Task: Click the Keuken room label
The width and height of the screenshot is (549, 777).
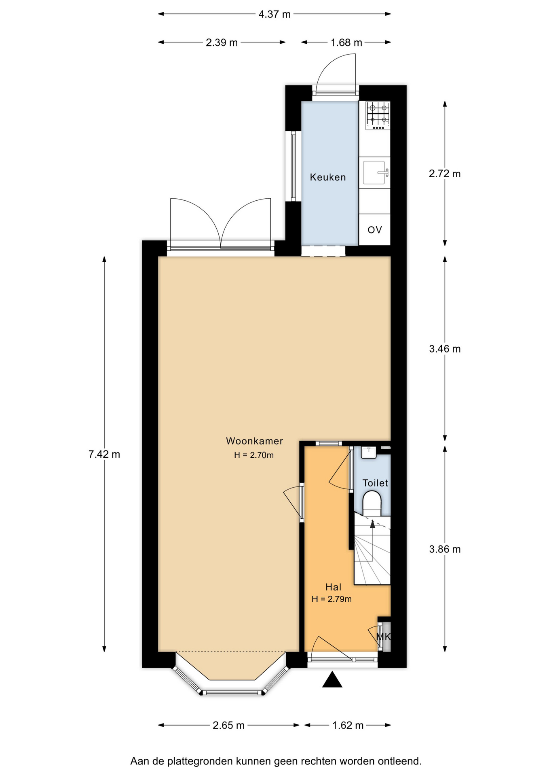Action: [x=328, y=177]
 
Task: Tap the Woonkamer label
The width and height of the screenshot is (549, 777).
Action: [x=254, y=441]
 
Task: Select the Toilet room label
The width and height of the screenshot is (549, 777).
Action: [x=375, y=483]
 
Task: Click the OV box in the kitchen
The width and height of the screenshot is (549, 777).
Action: [x=375, y=229]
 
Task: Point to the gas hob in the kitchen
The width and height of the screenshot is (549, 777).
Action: [x=378, y=116]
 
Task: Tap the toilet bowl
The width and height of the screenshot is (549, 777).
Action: [x=372, y=503]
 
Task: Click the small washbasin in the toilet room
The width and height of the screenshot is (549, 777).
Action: [x=369, y=452]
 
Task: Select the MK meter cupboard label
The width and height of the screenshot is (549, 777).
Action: [x=384, y=637]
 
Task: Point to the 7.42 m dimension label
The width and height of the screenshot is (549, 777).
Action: [x=104, y=454]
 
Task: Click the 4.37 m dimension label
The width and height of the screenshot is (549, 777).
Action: [x=274, y=15]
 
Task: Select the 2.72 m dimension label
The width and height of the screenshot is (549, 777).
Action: [x=445, y=174]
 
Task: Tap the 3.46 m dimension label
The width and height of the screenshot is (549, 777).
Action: [x=445, y=349]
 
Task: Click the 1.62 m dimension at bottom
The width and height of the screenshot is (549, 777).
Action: [x=348, y=725]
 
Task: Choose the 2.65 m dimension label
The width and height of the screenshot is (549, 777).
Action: [x=228, y=725]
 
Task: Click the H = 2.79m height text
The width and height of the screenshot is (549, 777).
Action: [x=332, y=599]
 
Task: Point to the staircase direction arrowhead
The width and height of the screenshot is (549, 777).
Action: [x=372, y=524]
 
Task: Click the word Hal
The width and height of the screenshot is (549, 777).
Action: [x=334, y=587]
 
